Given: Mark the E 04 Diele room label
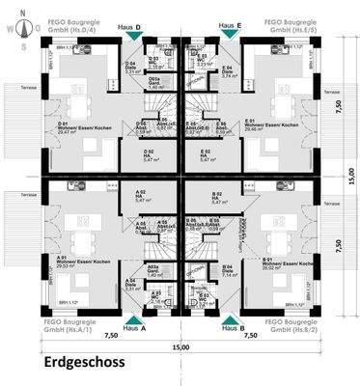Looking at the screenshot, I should [228, 69].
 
